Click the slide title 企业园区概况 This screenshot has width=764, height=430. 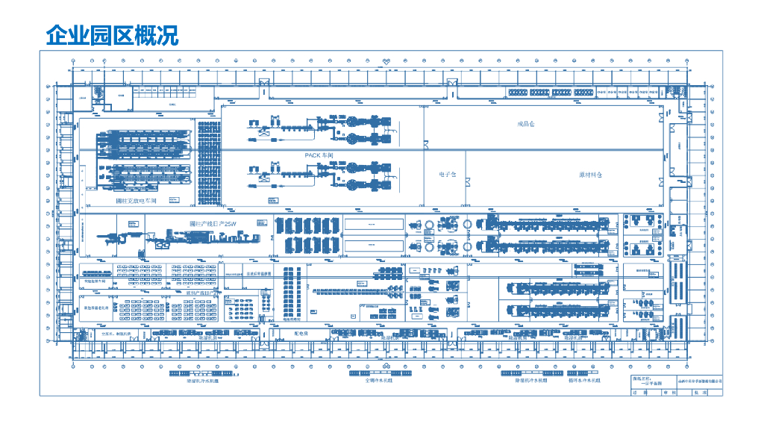pyautogui.click(x=112, y=35)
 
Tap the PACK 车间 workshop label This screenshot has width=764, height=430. pyautogui.click(x=323, y=155)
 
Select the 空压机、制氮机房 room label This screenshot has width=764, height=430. pyautogui.click(x=116, y=333)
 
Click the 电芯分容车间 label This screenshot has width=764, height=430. pyautogui.click(x=95, y=282)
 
